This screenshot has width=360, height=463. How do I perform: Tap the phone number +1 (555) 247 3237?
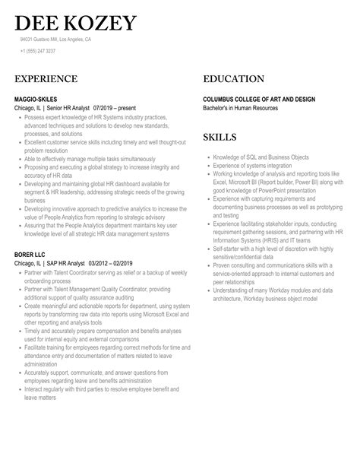click(x=38, y=51)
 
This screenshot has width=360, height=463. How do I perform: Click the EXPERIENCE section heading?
click(x=46, y=79)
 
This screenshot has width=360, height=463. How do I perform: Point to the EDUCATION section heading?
click(x=234, y=79)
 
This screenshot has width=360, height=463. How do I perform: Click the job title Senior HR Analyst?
click(x=66, y=109)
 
